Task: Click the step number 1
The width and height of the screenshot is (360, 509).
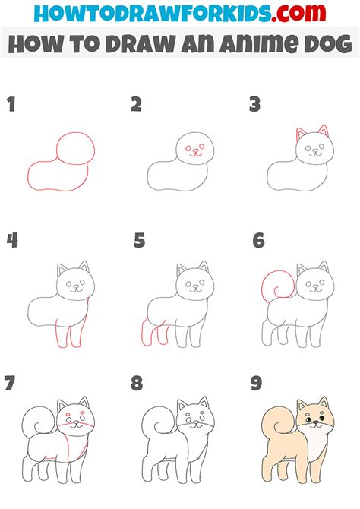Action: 11,105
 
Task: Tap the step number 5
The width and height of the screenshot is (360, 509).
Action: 139,241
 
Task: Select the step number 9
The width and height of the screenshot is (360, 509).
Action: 257,383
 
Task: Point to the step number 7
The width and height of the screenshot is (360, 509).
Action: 9,383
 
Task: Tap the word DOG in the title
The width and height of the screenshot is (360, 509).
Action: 328,44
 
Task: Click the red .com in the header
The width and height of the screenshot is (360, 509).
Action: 298,13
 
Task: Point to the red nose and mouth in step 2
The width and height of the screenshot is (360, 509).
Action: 195,152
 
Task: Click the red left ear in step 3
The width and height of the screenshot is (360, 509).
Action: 300,134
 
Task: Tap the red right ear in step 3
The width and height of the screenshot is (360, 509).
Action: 324,131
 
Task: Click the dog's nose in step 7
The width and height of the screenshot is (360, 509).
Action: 76,422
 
